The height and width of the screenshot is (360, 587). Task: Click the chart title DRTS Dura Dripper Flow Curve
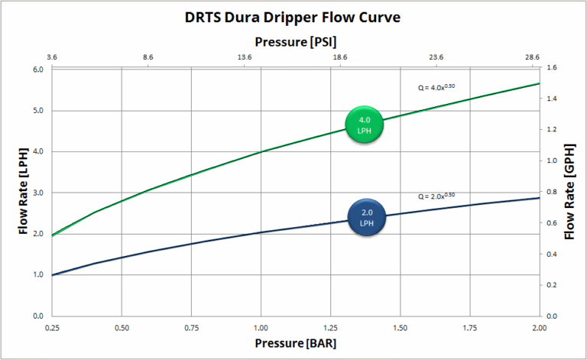pos(293,18)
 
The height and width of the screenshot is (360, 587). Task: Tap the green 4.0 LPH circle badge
pos(364,125)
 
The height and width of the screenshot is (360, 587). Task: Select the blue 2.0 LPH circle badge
pos(366,218)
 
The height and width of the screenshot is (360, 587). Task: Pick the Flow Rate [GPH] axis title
pos(570,191)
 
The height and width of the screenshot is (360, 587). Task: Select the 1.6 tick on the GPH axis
pos(552,68)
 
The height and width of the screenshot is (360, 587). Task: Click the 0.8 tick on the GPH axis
pos(552,192)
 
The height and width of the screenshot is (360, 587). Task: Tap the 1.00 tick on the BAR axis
pos(261,327)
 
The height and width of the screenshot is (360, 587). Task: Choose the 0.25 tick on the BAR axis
pos(52,327)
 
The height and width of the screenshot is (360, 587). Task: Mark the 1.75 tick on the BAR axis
pos(470,327)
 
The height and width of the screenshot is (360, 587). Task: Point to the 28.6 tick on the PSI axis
pos(532,57)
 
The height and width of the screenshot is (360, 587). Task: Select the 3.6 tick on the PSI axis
pos(52,57)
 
